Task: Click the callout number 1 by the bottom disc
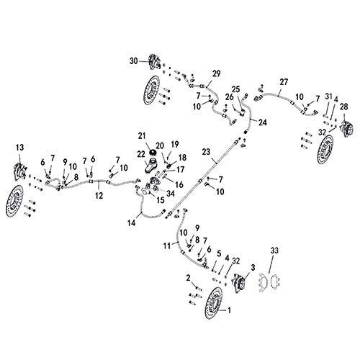(230, 311)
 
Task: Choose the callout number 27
(284, 81)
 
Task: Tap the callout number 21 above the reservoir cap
(141, 135)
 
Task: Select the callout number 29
(215, 74)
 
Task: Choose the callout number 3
(251, 266)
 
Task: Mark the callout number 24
(261, 122)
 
